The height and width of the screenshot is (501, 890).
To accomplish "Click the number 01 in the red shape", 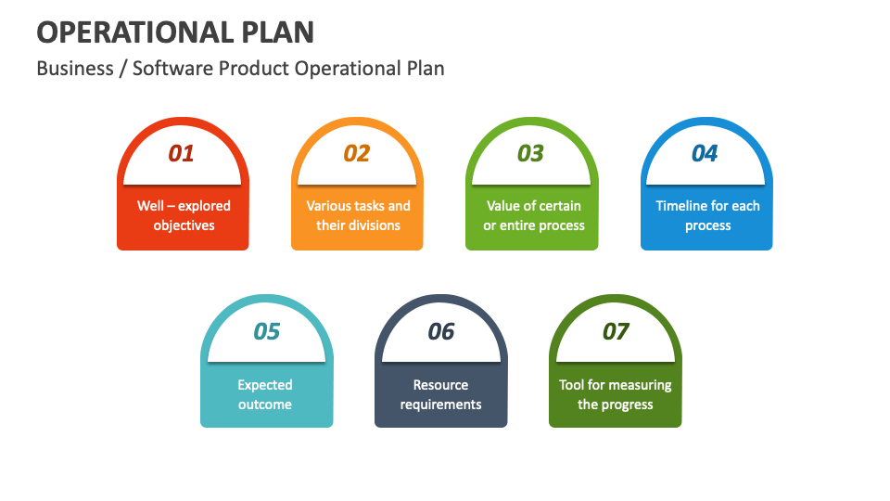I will point(182,153).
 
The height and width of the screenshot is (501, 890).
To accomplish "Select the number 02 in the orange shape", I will point(357,153).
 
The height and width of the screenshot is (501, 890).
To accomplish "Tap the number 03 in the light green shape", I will point(530,153).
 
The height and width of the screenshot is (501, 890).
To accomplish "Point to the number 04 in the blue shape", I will point(705,153).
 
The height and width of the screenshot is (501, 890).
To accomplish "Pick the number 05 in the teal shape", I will point(266,331).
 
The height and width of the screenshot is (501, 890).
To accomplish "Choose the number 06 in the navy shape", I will point(441,331).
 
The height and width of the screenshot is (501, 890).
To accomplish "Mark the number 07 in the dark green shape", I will point(616,331).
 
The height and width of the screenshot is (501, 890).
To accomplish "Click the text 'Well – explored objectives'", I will point(184,215).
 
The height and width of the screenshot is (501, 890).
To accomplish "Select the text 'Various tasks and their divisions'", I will point(358,215).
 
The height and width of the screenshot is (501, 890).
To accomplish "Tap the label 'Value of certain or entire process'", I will point(534,215).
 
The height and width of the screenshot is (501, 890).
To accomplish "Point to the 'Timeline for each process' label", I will point(707,215).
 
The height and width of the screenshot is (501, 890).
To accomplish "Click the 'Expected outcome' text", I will point(265,394).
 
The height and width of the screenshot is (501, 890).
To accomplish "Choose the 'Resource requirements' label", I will point(441,394).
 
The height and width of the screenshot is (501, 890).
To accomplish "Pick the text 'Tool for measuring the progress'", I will point(616,394).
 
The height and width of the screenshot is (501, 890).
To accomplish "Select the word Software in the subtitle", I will point(172,69).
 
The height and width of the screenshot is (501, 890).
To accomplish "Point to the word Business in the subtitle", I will point(75,69).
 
